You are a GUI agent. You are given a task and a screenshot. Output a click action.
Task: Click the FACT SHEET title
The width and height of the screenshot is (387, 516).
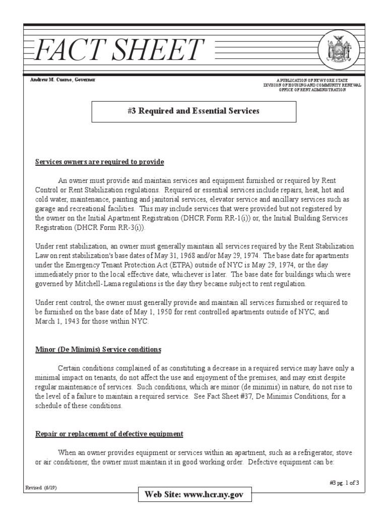point(119,51)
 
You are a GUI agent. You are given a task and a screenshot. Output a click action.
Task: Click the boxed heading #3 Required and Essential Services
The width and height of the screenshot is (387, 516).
point(193,111)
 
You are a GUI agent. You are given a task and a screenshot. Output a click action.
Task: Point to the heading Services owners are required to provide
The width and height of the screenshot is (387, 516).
point(99,162)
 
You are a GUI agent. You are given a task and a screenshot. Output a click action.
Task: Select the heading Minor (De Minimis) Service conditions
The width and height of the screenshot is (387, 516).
point(98,349)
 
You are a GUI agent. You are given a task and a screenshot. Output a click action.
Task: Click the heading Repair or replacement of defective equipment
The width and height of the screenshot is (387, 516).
point(109,434)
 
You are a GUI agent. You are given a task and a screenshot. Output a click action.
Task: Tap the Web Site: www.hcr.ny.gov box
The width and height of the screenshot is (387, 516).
point(194,495)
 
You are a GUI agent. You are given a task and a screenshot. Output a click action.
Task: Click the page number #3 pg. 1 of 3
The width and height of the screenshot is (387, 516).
point(344,483)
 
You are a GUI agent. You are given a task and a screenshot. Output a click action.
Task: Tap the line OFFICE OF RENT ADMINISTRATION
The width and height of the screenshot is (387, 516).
point(312,90)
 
